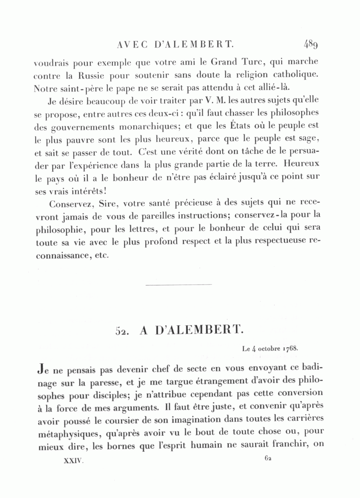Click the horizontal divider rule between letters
(178, 285)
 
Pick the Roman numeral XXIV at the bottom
(73, 460)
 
